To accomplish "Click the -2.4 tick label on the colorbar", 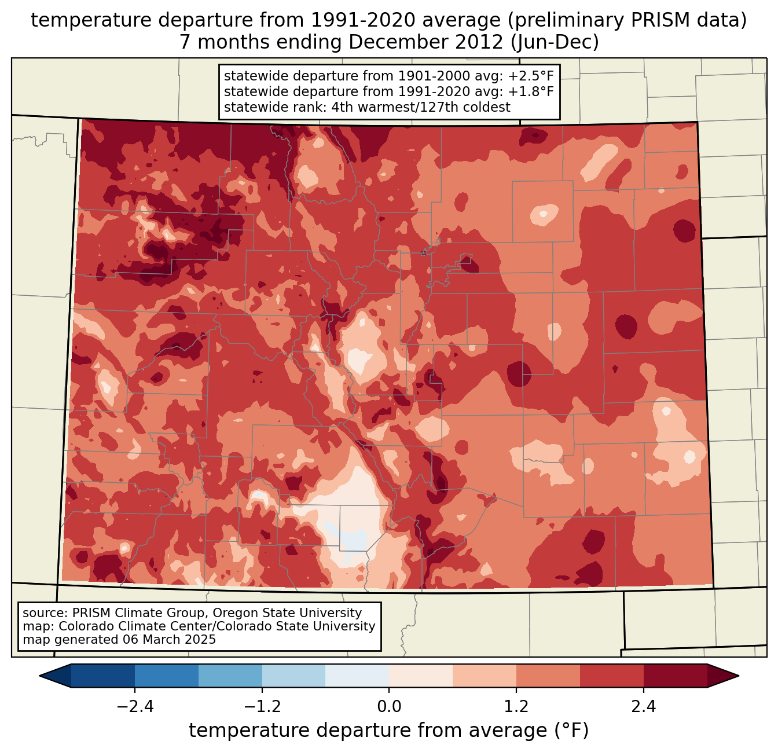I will (135, 707).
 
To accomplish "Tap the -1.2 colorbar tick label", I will (262, 707).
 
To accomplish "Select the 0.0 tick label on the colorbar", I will (389, 707).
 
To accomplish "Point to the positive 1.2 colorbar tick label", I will (516, 707).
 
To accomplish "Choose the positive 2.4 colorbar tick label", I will (643, 707).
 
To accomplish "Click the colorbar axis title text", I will (389, 731).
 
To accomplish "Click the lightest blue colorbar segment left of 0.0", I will (357, 676).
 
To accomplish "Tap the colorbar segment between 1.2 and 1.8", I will (548, 676).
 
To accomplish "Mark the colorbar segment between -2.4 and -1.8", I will (167, 676).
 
